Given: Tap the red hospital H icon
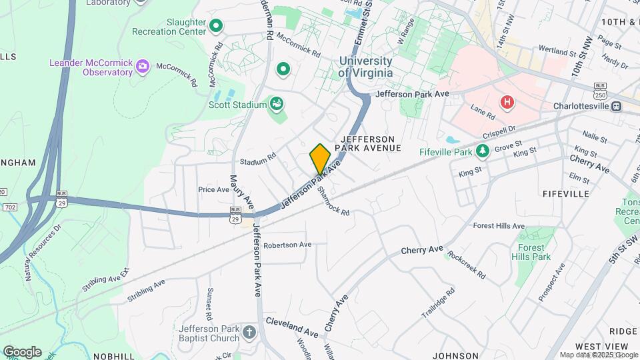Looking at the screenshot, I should pos(507,103).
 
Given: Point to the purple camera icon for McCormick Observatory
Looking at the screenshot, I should pos(141,67).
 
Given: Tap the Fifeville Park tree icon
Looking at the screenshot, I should pos(483,151).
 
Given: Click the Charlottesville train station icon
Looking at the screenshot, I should pos(617,105).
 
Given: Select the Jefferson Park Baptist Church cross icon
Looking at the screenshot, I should pos(249,332).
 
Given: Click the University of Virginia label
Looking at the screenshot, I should pos(365,67).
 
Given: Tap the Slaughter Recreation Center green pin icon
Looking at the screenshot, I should pos(215,26).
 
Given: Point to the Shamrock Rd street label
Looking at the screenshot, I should pos(333,200).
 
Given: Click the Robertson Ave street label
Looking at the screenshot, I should pos(287,245).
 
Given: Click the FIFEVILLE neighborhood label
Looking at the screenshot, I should pos(566,193).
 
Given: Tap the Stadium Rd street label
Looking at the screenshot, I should pos(258,161).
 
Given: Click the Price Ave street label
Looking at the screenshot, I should pos(213,189).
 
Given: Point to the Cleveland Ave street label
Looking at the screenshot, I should pos(292,326).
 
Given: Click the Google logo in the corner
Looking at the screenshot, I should pos(22,351).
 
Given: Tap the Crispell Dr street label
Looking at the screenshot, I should pos(501,131).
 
